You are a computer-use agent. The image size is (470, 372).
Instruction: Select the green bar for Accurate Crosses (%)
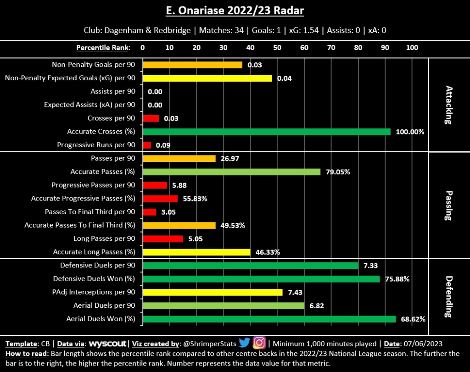pyautogui.click(x=266, y=132)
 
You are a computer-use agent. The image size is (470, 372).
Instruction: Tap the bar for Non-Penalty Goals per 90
pyautogui.click(x=192, y=65)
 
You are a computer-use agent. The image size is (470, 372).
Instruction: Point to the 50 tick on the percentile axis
pyautogui.click(x=277, y=48)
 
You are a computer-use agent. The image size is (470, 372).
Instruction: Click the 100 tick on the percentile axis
pyautogui.click(x=412, y=48)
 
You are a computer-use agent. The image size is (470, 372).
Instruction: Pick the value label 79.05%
pyautogui.click(x=338, y=172)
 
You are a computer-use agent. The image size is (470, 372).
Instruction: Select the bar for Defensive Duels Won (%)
pyautogui.click(x=261, y=279)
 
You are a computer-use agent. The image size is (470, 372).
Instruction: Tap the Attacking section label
pyautogui.click(x=448, y=105)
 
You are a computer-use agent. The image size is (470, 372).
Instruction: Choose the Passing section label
pyautogui.click(x=448, y=205)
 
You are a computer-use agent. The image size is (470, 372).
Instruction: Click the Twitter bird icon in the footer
pyautogui.click(x=244, y=343)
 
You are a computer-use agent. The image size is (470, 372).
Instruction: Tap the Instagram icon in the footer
pyautogui.click(x=259, y=343)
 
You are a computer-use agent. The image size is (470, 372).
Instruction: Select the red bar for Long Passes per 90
pyautogui.click(x=163, y=239)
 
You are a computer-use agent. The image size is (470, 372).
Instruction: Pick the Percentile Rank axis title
pyautogui.click(x=103, y=48)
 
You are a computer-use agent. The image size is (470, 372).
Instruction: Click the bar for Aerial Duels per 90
pyautogui.click(x=224, y=305)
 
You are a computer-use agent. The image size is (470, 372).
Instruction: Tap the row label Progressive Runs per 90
pyautogui.click(x=96, y=145)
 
